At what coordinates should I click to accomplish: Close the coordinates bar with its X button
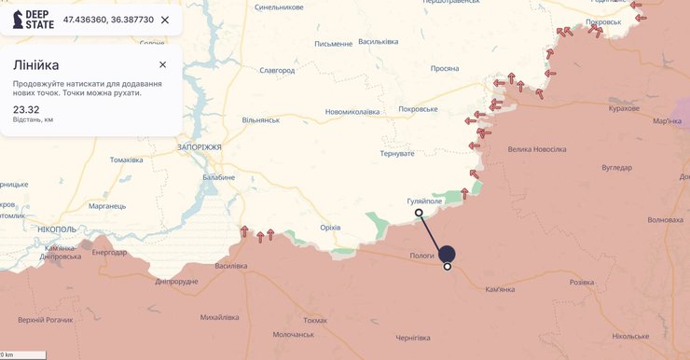(165, 20)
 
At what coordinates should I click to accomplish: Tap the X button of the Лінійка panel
(163, 64)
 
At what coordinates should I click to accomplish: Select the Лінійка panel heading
(36, 64)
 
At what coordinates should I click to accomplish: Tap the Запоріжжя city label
(198, 147)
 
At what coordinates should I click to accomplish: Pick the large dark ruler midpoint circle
(447, 254)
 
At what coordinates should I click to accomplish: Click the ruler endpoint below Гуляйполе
(419, 213)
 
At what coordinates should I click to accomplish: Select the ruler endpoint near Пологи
(448, 267)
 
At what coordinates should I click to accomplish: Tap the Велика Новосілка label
(536, 149)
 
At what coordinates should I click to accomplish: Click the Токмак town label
(314, 320)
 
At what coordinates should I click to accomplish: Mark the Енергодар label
(109, 253)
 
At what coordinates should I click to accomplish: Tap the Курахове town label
(624, 108)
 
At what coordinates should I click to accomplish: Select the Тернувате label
(397, 153)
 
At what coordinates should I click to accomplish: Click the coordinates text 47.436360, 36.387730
(107, 20)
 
